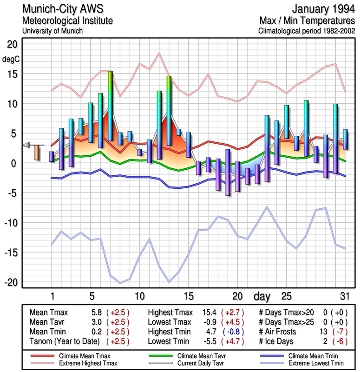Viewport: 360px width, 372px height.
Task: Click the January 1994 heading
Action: click(323, 9)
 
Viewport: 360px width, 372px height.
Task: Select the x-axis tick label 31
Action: click(344, 296)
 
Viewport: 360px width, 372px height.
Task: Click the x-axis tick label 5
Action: click(92, 296)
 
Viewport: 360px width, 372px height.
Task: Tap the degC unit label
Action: click(11, 59)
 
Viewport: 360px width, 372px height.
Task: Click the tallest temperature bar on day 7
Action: click(111, 106)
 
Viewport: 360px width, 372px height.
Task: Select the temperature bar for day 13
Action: click(169, 105)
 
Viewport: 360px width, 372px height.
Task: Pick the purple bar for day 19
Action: click(228, 172)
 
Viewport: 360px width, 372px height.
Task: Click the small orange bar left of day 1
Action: click(37, 153)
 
